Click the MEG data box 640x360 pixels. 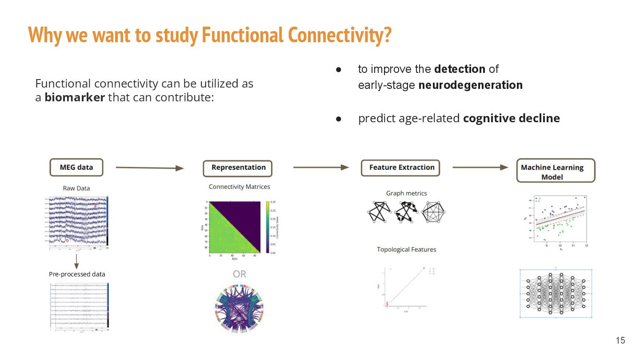pos(76,168)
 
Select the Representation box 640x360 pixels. pos(238,168)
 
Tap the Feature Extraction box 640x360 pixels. pos(401,168)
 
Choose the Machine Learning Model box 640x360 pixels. pos(555,171)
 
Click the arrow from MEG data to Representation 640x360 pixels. pos(149,168)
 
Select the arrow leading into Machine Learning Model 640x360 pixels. pos(480,167)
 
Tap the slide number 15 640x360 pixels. pos(620,340)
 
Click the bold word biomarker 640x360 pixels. pos(74,97)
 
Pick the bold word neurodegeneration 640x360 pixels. pos(470,85)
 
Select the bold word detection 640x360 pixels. pos(460,69)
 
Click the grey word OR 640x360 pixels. pos(239,274)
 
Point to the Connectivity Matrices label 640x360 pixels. pos(239,187)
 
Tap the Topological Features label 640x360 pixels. pos(406,249)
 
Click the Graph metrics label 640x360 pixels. pos(406,193)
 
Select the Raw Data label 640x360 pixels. pos(76,188)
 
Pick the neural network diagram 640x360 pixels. pos(556,293)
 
